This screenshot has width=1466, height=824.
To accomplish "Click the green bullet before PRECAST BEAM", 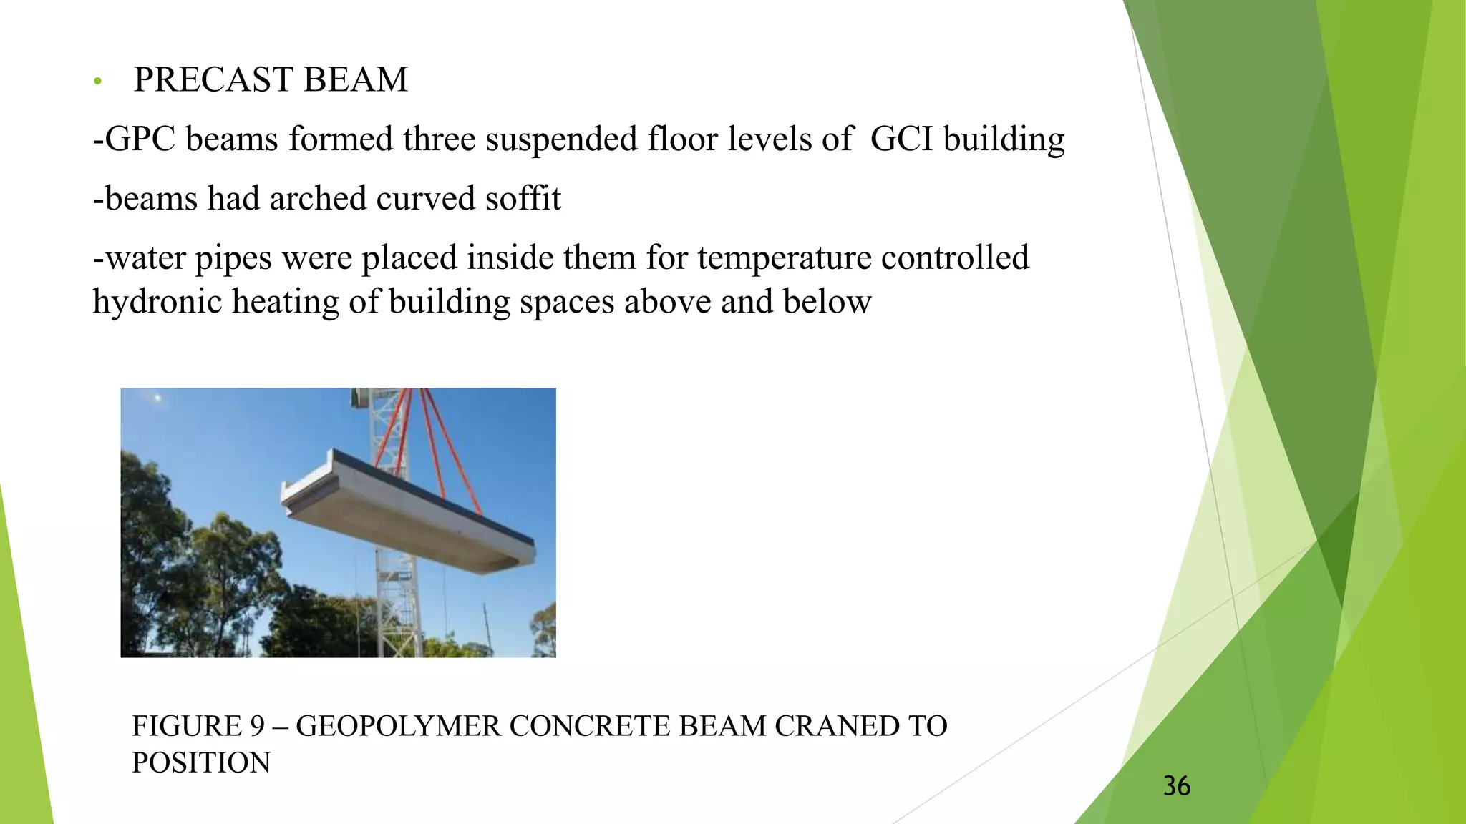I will coord(98,82).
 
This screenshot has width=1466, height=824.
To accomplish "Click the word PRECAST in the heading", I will coord(213,79).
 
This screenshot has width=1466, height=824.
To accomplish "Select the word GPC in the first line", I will coord(140,139).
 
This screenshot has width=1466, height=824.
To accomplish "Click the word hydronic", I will coord(157,302).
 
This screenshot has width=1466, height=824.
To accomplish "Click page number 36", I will coord(1176,786).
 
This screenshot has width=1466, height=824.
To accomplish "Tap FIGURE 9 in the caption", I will coord(198,726).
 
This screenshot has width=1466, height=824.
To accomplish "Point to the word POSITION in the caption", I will coord(201,762).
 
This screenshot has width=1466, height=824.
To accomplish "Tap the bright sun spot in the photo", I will coord(157,398).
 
